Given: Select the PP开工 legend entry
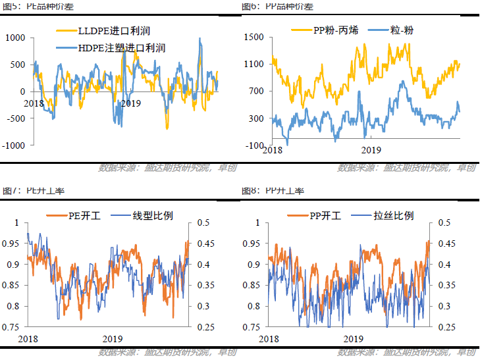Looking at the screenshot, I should click(323, 215).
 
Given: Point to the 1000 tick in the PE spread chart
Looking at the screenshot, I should click(14, 38).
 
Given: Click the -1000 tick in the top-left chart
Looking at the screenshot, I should click(13, 145).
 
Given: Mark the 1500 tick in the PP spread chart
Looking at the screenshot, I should click(253, 38).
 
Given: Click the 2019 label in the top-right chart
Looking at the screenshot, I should click(372, 150).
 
